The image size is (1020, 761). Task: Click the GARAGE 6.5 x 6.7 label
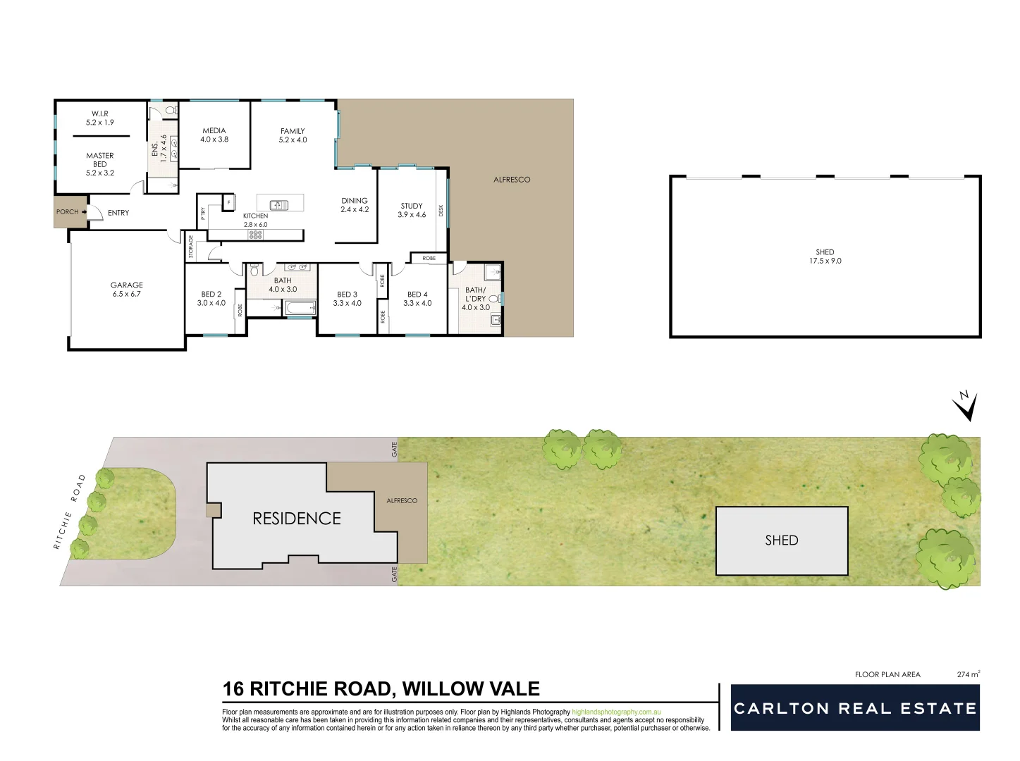[126, 290]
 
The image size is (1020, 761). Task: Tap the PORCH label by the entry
[68, 212]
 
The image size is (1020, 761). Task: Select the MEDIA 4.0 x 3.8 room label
[214, 135]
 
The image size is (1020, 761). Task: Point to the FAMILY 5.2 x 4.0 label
[293, 135]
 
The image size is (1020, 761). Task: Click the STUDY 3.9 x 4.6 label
[412, 210]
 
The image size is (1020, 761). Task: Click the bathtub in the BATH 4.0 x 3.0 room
[300, 308]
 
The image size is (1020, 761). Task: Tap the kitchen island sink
[279, 205]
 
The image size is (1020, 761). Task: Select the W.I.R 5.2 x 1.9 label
[99, 118]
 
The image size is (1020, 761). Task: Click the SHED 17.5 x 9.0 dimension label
[825, 256]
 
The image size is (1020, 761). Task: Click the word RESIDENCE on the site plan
[297, 519]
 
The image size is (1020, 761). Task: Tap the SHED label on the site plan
[781, 540]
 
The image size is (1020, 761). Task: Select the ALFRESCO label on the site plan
[402, 501]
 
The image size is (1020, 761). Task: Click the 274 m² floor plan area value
[968, 674]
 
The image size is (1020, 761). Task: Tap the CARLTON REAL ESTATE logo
[855, 708]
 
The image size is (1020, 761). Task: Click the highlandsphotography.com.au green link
[616, 712]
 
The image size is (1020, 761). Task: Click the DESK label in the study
[441, 210]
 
